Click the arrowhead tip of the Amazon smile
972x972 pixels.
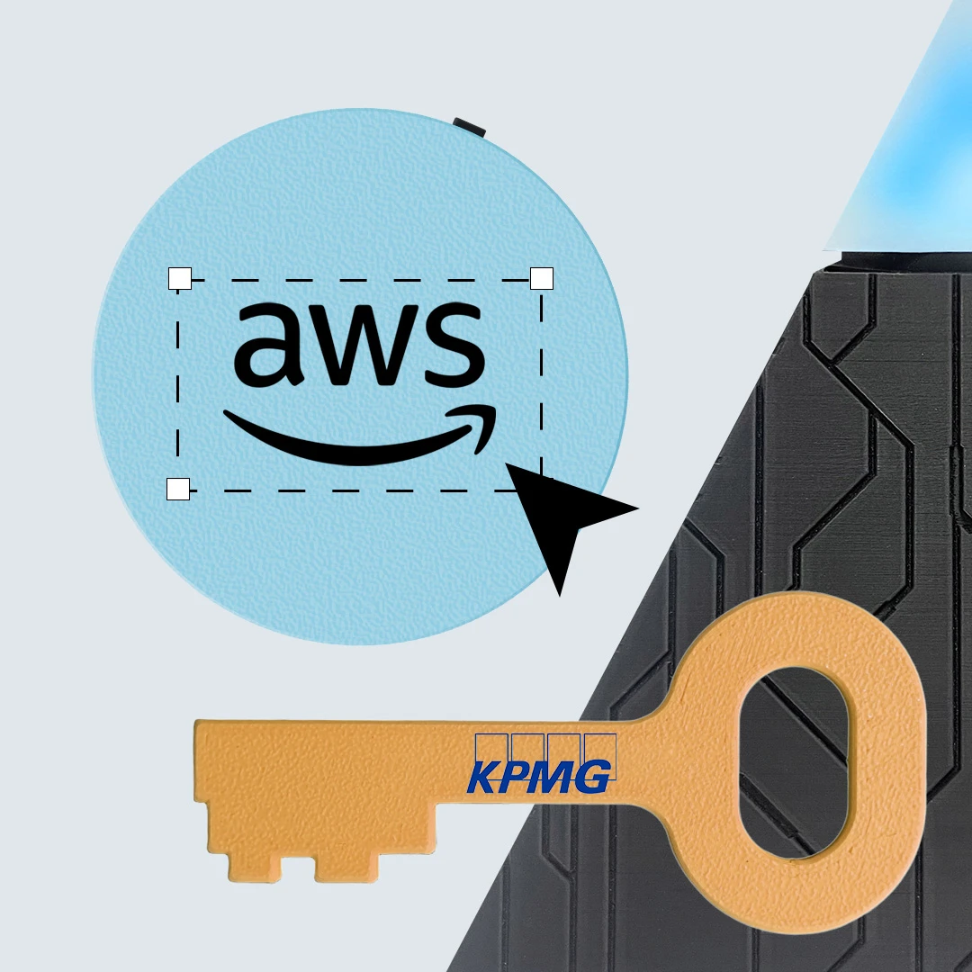(494, 409)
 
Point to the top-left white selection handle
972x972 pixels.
(180, 279)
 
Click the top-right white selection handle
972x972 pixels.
(542, 279)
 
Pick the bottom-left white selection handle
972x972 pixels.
(178, 489)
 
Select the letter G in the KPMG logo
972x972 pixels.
(593, 778)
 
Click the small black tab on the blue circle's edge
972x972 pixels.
(469, 126)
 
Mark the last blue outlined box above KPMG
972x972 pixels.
(600, 748)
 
